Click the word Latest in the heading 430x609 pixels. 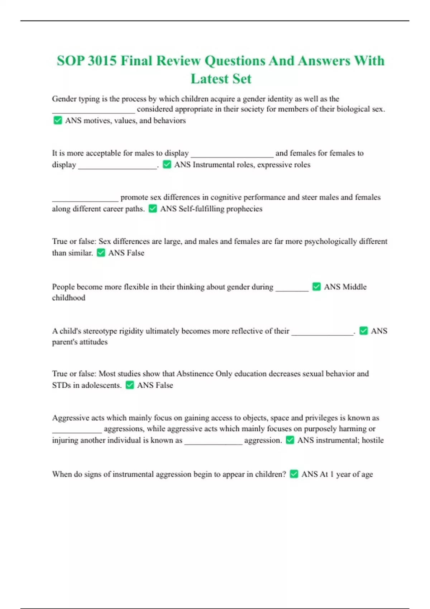point(210,79)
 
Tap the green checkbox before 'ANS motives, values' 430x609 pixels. point(57,120)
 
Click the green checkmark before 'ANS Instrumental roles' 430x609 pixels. point(167,164)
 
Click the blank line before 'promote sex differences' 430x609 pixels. point(85,200)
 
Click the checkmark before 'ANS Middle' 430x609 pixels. point(316,287)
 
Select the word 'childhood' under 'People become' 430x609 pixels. point(69,298)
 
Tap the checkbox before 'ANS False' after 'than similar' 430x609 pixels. point(101,253)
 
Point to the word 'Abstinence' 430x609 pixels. point(195,374)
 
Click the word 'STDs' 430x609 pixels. point(61,385)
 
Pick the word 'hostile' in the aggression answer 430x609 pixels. point(373,440)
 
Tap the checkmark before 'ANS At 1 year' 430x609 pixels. point(294,474)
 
